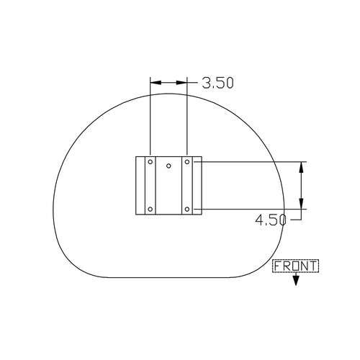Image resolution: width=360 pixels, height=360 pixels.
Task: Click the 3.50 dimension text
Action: tap(217, 83)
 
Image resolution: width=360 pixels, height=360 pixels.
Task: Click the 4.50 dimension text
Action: tap(271, 220)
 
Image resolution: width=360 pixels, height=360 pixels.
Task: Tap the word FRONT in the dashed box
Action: tap(295, 266)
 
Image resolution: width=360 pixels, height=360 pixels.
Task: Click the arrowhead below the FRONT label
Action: tap(296, 281)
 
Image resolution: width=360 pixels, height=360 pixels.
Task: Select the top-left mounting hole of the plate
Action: tap(150, 162)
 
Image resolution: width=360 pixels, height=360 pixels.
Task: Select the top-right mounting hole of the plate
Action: tap(187, 162)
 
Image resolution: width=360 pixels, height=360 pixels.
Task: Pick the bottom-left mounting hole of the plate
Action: tap(150, 210)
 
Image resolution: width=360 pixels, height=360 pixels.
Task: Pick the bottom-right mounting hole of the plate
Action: tap(187, 210)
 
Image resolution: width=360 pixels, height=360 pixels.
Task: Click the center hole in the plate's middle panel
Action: tap(168, 166)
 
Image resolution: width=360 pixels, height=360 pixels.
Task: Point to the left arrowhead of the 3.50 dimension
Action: tap(156, 83)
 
